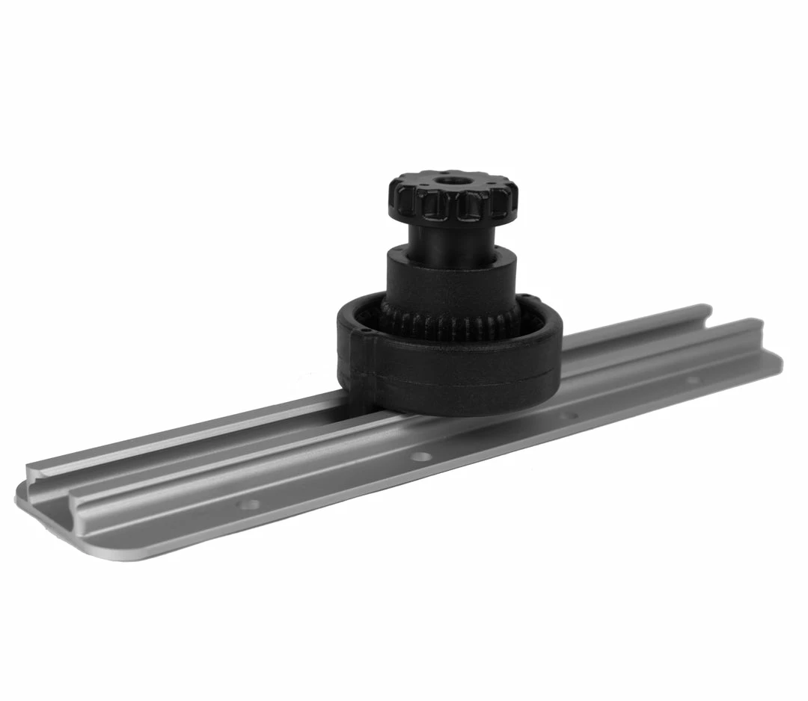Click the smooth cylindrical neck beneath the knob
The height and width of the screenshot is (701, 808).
[452, 238]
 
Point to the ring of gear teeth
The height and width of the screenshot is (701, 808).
[449, 326]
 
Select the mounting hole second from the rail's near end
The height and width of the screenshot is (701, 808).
[422, 456]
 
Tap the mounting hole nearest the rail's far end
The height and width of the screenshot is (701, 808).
[693, 380]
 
